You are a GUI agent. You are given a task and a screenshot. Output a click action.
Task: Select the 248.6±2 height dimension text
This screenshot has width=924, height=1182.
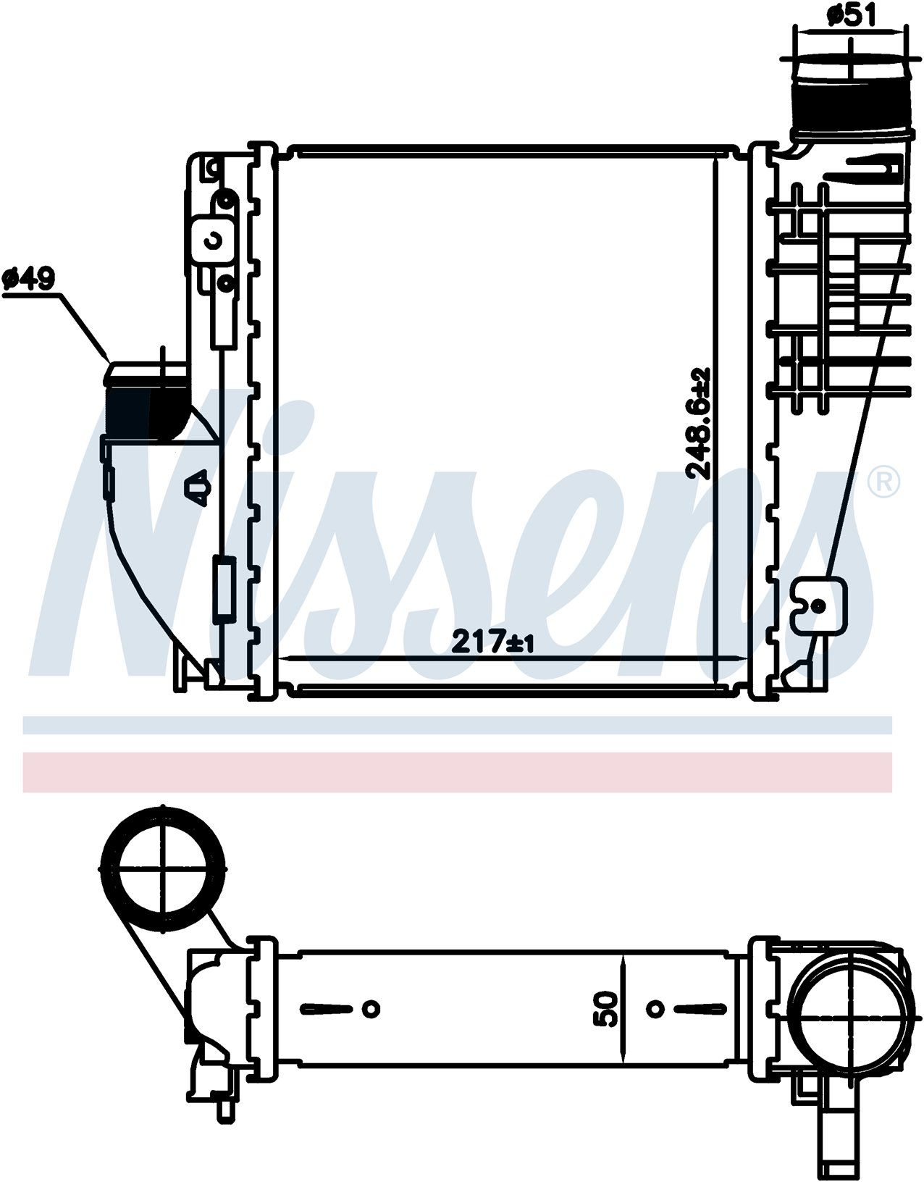coord(700,424)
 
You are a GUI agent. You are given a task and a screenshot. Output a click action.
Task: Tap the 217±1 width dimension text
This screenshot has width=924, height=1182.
coord(492,641)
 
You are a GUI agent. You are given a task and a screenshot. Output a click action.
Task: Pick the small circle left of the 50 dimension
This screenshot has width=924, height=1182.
coord(371,1007)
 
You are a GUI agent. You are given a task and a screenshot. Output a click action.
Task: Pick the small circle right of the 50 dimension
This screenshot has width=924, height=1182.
coord(656,1007)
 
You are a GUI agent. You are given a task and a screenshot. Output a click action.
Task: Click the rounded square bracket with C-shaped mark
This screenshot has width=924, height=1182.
coord(213,240)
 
